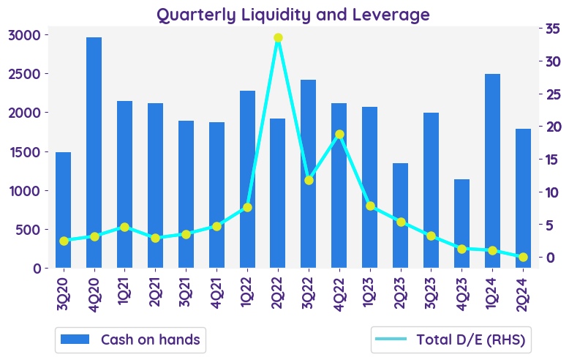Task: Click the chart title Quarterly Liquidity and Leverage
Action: (x=293, y=14)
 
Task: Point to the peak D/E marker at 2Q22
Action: (x=278, y=38)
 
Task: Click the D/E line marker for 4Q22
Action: (x=339, y=135)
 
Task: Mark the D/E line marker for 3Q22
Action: (x=309, y=180)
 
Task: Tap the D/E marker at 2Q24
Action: (x=523, y=257)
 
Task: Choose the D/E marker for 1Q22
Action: (x=247, y=207)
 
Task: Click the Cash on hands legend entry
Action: (x=130, y=340)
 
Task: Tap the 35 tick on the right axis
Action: (x=553, y=28)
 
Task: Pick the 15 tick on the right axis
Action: (x=553, y=159)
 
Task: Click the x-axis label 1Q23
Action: (x=370, y=293)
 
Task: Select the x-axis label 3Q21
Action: (x=186, y=293)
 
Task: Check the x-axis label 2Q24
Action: (x=523, y=293)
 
